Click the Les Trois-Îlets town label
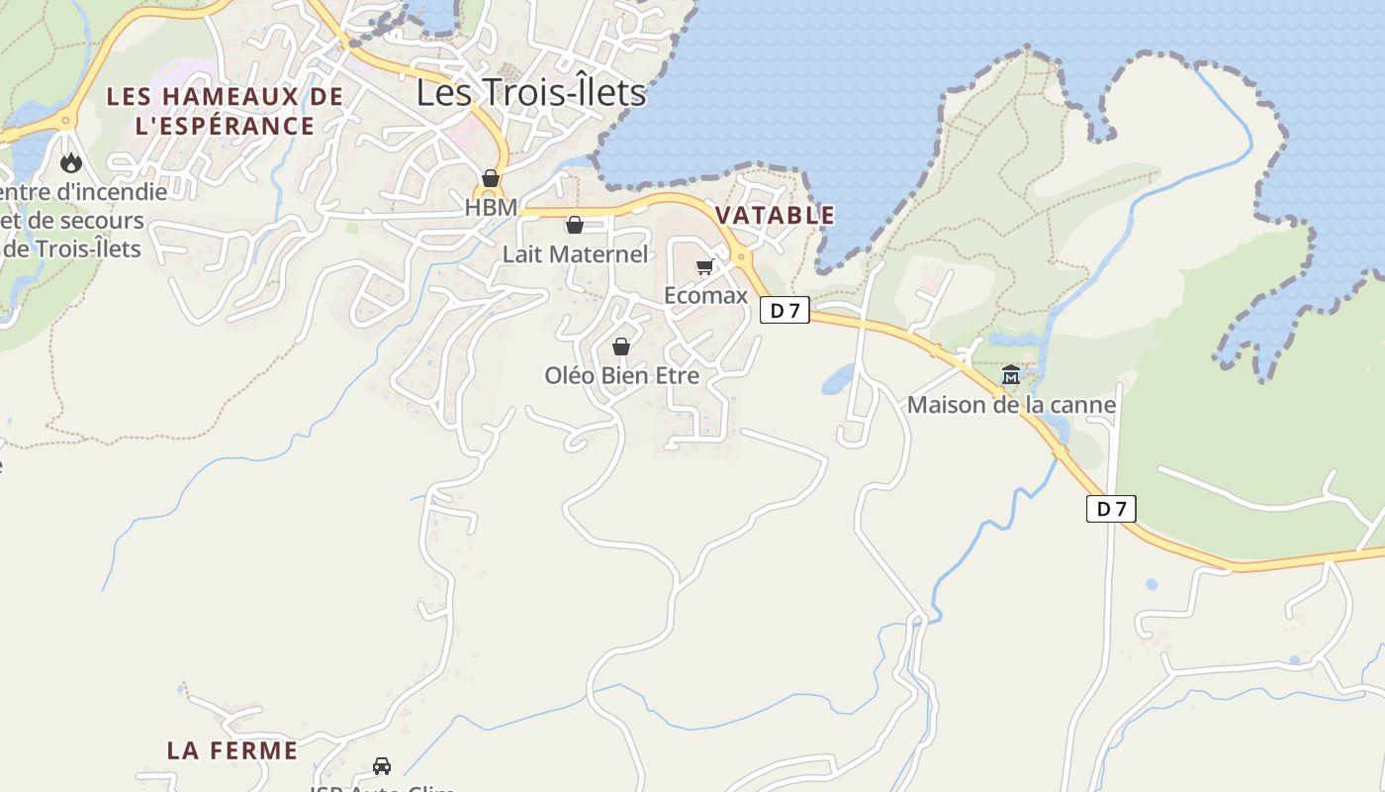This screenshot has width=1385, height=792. pyautogui.click(x=530, y=92)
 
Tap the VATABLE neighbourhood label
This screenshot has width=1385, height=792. pyautogui.click(x=775, y=215)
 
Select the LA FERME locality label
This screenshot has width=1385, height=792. pyautogui.click(x=232, y=750)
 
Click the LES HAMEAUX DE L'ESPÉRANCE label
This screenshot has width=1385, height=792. pyautogui.click(x=225, y=111)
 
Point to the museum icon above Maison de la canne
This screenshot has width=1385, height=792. pyautogui.click(x=1011, y=375)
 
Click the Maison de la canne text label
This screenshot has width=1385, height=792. pyautogui.click(x=1011, y=405)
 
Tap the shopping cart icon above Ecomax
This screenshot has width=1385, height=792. pyautogui.click(x=704, y=266)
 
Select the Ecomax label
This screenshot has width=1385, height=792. pyautogui.click(x=705, y=296)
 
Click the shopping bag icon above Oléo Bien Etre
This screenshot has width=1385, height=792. pyautogui.click(x=621, y=346)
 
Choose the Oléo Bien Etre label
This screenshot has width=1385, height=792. pyautogui.click(x=621, y=376)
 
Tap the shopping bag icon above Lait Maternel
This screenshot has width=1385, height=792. pyautogui.click(x=575, y=225)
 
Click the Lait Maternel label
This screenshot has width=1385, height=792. pyautogui.click(x=575, y=254)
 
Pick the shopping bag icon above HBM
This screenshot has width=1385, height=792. pyautogui.click(x=491, y=178)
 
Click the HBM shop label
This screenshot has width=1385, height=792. pyautogui.click(x=491, y=208)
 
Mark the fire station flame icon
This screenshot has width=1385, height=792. pyautogui.click(x=70, y=162)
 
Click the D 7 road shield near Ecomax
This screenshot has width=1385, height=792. pyautogui.click(x=785, y=311)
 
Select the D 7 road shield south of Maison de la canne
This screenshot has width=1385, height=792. pyautogui.click(x=1111, y=509)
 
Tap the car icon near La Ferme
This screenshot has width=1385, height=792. pyautogui.click(x=382, y=765)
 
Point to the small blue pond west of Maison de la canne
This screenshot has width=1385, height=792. pyautogui.click(x=837, y=378)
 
